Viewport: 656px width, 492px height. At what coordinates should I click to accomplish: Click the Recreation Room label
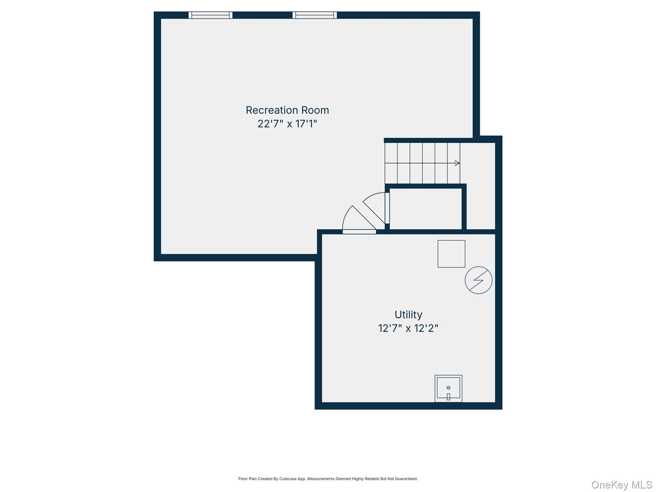click(x=287, y=110)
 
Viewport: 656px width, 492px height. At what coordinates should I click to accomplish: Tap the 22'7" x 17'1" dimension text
click(x=287, y=124)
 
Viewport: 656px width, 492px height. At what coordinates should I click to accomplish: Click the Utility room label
click(x=408, y=315)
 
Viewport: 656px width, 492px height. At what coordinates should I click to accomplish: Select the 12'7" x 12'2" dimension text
click(x=408, y=328)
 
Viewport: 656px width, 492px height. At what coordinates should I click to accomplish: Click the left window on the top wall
click(x=210, y=15)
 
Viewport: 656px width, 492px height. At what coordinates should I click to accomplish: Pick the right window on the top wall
click(x=315, y=15)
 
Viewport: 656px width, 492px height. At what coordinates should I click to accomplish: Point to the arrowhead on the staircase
click(x=457, y=163)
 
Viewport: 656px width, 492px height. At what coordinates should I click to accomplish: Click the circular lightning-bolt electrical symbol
click(x=479, y=280)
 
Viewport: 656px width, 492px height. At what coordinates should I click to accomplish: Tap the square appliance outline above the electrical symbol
click(x=451, y=254)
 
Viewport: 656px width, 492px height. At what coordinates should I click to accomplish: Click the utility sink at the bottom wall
click(x=448, y=389)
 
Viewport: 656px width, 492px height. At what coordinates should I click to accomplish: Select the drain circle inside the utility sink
click(x=448, y=388)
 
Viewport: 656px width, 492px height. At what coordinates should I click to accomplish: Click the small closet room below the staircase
click(x=426, y=209)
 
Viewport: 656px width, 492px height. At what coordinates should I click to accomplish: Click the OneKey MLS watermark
click(x=622, y=485)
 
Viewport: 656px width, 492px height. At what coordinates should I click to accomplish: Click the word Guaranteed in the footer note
click(x=407, y=479)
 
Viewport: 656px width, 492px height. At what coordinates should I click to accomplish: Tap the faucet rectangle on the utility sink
click(x=448, y=397)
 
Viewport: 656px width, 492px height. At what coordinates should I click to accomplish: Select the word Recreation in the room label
click(x=267, y=110)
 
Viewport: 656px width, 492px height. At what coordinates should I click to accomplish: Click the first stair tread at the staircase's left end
click(x=391, y=163)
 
